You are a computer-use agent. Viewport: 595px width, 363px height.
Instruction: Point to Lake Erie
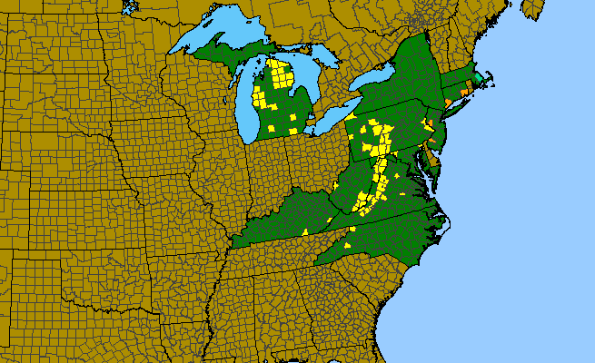(x=327, y=118)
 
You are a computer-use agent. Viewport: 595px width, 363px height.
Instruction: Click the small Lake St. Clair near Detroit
(x=305, y=113)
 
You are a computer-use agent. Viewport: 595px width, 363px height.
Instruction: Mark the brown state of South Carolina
(x=372, y=281)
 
